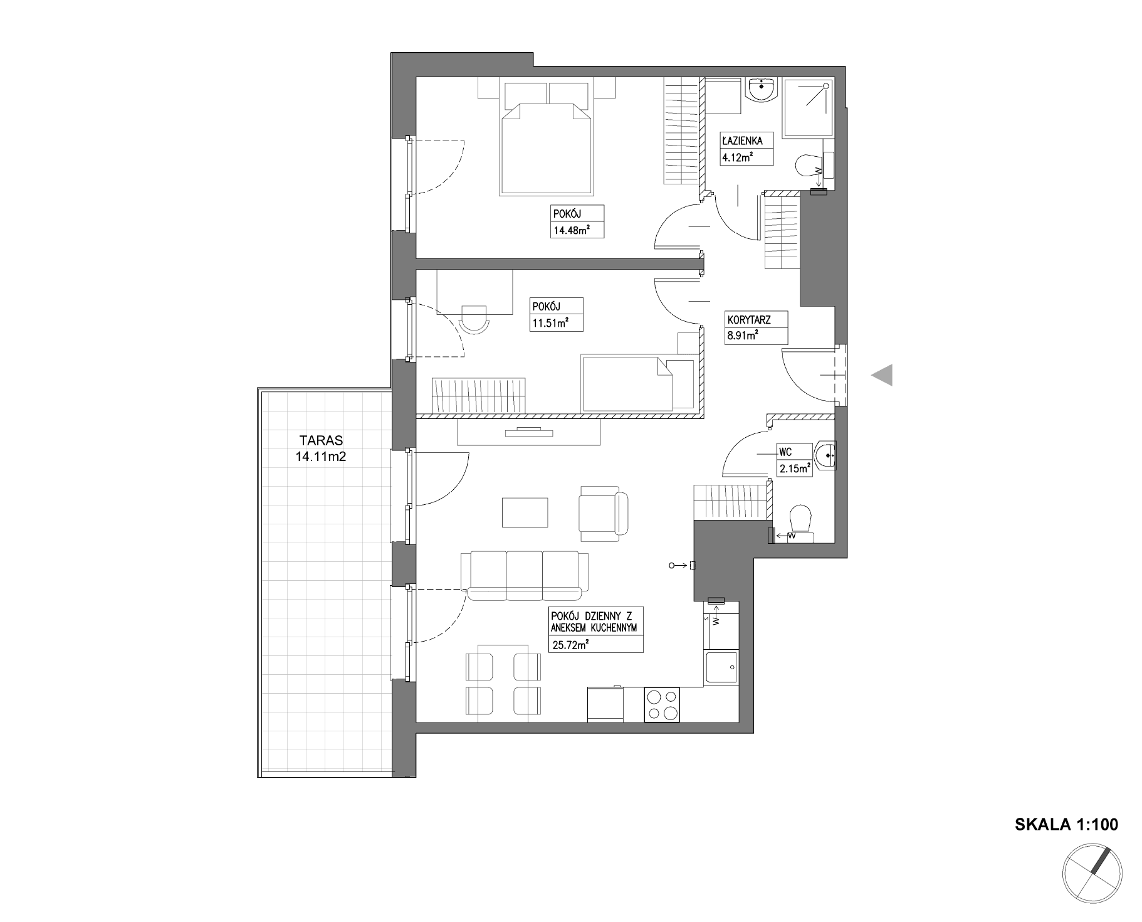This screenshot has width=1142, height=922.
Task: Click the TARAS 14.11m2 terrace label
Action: click(x=320, y=448)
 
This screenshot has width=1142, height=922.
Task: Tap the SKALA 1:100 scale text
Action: click(x=1066, y=824)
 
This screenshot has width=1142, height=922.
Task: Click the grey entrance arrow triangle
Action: click(x=881, y=375)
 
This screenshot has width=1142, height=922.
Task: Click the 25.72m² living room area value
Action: click(x=570, y=644)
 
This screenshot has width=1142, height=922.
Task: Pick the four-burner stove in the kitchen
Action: click(x=662, y=704)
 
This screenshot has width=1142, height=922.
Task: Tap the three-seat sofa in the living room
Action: click(x=525, y=575)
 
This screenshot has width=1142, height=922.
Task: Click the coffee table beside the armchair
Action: click(x=525, y=512)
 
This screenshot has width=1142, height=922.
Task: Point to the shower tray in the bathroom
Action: click(x=809, y=108)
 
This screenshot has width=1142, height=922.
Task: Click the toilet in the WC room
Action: click(x=800, y=523)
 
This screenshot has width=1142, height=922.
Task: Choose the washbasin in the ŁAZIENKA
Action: click(x=762, y=89)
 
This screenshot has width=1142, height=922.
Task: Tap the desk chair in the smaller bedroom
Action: click(x=474, y=321)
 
